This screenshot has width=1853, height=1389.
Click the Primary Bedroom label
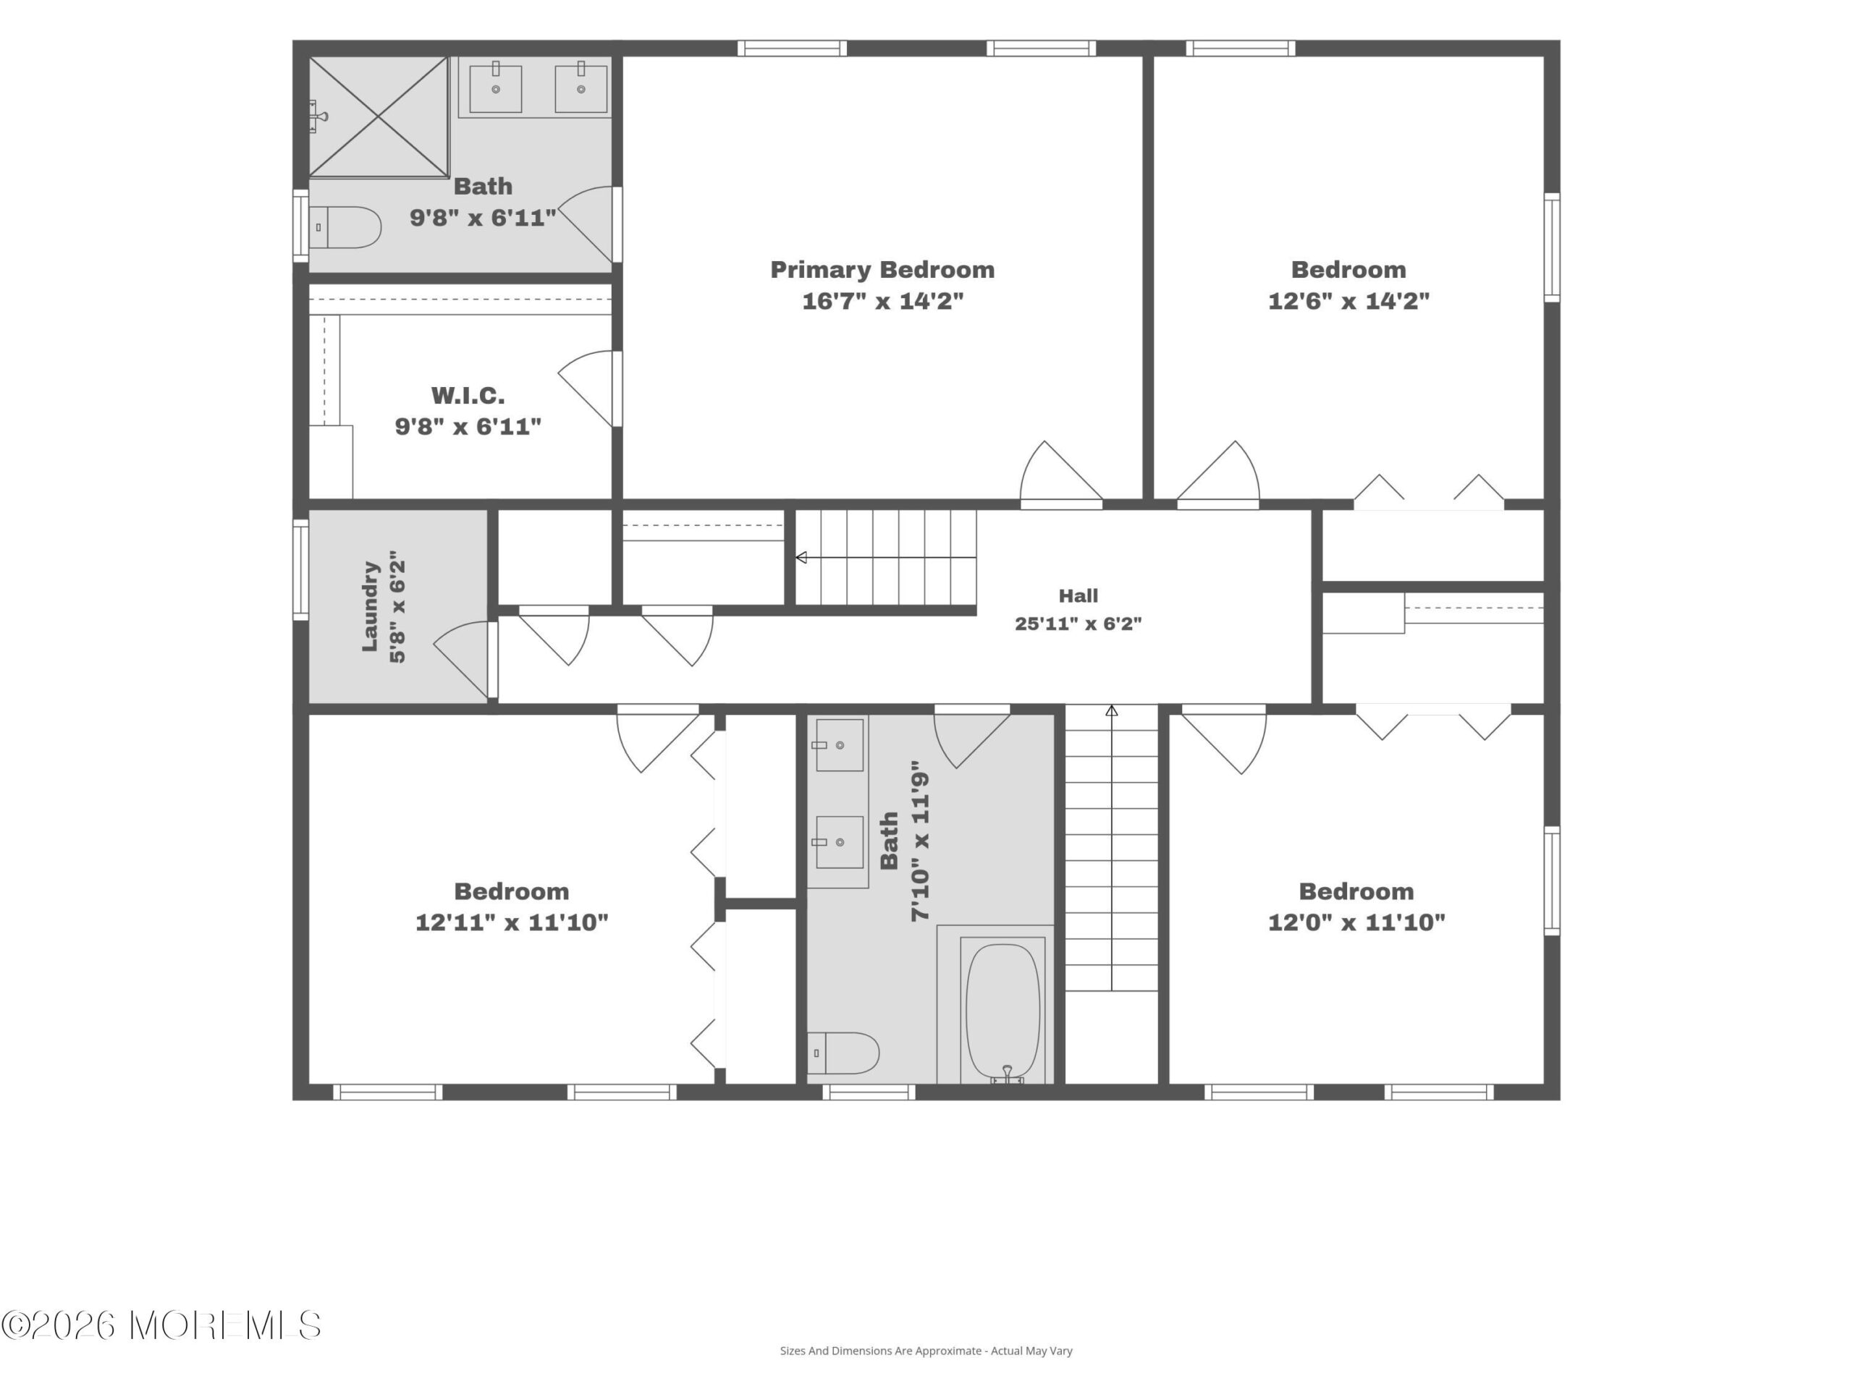click(x=882, y=270)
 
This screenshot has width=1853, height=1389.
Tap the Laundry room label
click(x=371, y=606)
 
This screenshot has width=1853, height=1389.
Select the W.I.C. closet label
click(x=468, y=395)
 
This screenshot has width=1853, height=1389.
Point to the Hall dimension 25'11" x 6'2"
click(x=1078, y=624)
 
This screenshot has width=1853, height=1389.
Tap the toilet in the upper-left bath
click(x=345, y=228)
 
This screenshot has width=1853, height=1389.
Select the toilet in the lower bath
click(x=843, y=1053)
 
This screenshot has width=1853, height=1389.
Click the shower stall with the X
click(x=379, y=117)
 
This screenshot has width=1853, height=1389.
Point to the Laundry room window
click(x=300, y=569)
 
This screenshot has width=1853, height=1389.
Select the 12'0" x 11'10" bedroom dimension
click(x=1356, y=922)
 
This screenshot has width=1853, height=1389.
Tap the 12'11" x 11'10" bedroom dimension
click(x=512, y=922)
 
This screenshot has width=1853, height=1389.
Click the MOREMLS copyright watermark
click(x=161, y=1325)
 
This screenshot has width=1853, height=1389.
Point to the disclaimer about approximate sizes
click(x=926, y=1351)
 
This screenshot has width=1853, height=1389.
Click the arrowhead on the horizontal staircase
click(x=801, y=558)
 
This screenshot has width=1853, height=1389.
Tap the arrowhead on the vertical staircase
click(x=1112, y=711)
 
